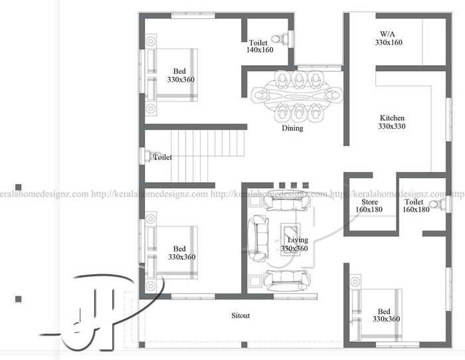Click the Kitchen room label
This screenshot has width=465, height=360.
[x=392, y=118]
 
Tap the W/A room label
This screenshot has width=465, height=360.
[x=387, y=34]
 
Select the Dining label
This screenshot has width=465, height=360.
[x=292, y=128]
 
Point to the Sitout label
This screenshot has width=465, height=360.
[x=240, y=315]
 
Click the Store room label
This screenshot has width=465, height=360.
[x=369, y=202]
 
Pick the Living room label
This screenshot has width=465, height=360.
[x=298, y=240]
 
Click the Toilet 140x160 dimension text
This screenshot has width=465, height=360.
[x=260, y=50]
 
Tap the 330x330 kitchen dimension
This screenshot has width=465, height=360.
[x=392, y=126]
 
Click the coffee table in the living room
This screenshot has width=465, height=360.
[x=290, y=240]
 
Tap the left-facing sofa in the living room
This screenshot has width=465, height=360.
[x=258, y=238]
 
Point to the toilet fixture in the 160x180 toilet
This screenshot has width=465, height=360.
[x=438, y=205]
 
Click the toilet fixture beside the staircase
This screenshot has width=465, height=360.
[x=150, y=156]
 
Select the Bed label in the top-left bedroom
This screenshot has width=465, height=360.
[x=179, y=71]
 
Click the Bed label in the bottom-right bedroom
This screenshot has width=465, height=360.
[x=384, y=312]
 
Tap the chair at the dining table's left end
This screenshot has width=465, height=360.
[x=260, y=96]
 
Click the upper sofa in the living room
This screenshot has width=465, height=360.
[x=287, y=200]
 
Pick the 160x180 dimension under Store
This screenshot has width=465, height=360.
[x=369, y=209]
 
